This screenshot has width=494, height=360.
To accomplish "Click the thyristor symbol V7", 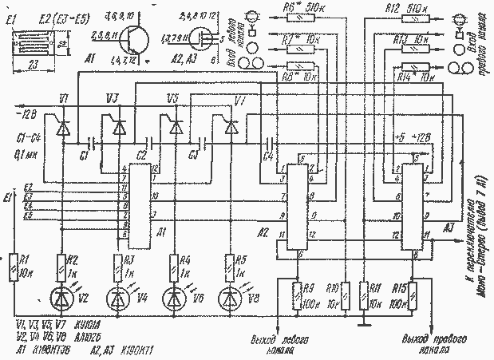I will [231, 127].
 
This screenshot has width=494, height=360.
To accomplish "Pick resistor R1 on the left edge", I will [13, 264].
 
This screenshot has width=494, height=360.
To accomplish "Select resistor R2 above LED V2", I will [61, 264].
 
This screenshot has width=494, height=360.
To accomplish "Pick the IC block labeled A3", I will [413, 208].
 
